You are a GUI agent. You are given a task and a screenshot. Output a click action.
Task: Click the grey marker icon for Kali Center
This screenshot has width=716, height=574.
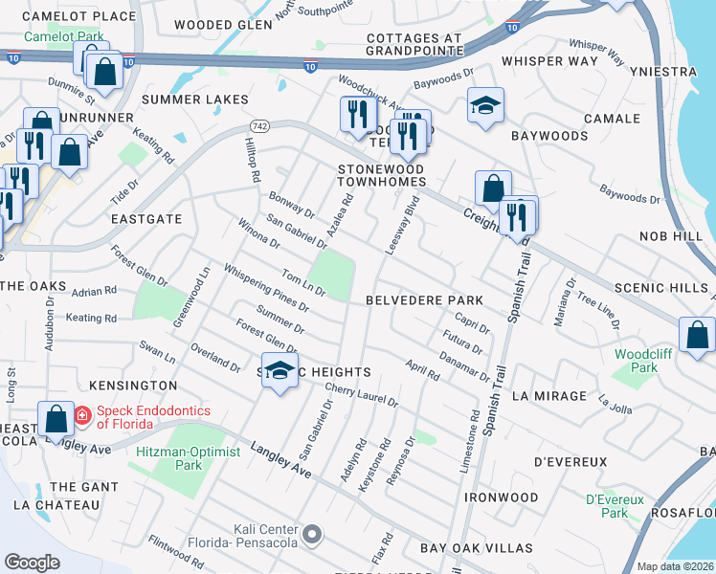[x=312, y=532]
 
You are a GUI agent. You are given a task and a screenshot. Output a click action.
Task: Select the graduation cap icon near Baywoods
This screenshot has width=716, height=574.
[x=485, y=105]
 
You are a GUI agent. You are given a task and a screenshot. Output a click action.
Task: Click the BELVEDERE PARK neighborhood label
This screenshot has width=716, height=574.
[x=424, y=300]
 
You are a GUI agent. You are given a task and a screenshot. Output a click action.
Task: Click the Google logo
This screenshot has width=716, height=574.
[x=32, y=563]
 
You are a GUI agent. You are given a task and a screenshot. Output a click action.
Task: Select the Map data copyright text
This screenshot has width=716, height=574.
[x=675, y=566]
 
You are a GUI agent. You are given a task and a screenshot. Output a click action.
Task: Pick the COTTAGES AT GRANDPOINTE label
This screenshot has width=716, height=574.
[x=400, y=45]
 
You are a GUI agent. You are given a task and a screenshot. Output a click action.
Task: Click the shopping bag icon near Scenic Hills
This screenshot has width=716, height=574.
[x=697, y=335]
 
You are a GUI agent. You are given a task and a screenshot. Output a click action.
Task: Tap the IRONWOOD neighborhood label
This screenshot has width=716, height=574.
[x=502, y=498]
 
